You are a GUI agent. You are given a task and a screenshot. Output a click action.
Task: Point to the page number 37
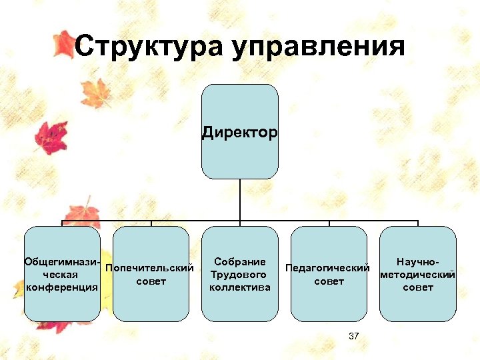pos(353,336)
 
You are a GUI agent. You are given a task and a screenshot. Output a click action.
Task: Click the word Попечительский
pos(150,268)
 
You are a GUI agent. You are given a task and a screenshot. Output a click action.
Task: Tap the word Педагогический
pos(327,268)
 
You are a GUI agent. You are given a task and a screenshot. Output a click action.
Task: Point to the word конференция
pos(61,287)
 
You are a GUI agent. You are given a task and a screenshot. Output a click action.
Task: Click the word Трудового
pos(239,275)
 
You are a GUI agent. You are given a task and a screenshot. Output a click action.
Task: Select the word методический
pos(417,275)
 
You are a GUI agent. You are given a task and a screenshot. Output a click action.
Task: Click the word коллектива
pos(239,287)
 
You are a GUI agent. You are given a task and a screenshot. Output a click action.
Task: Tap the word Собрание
pos(240,262)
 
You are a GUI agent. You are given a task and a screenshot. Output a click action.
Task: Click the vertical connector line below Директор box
pos(239,200)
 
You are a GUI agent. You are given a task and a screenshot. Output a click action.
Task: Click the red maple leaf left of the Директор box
pos(51,136)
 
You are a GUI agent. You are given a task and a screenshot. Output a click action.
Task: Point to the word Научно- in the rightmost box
pos(417,262)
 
